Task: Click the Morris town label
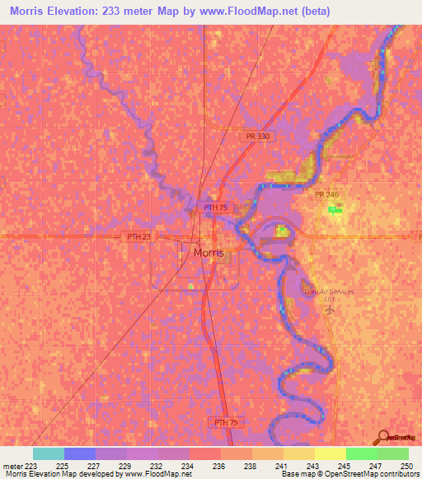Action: point(208,253)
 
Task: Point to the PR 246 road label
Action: point(326,193)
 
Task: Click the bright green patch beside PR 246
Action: point(335,210)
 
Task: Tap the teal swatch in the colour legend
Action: point(49,453)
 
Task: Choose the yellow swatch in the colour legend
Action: point(331,453)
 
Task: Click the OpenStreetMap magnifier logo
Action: point(382,438)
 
